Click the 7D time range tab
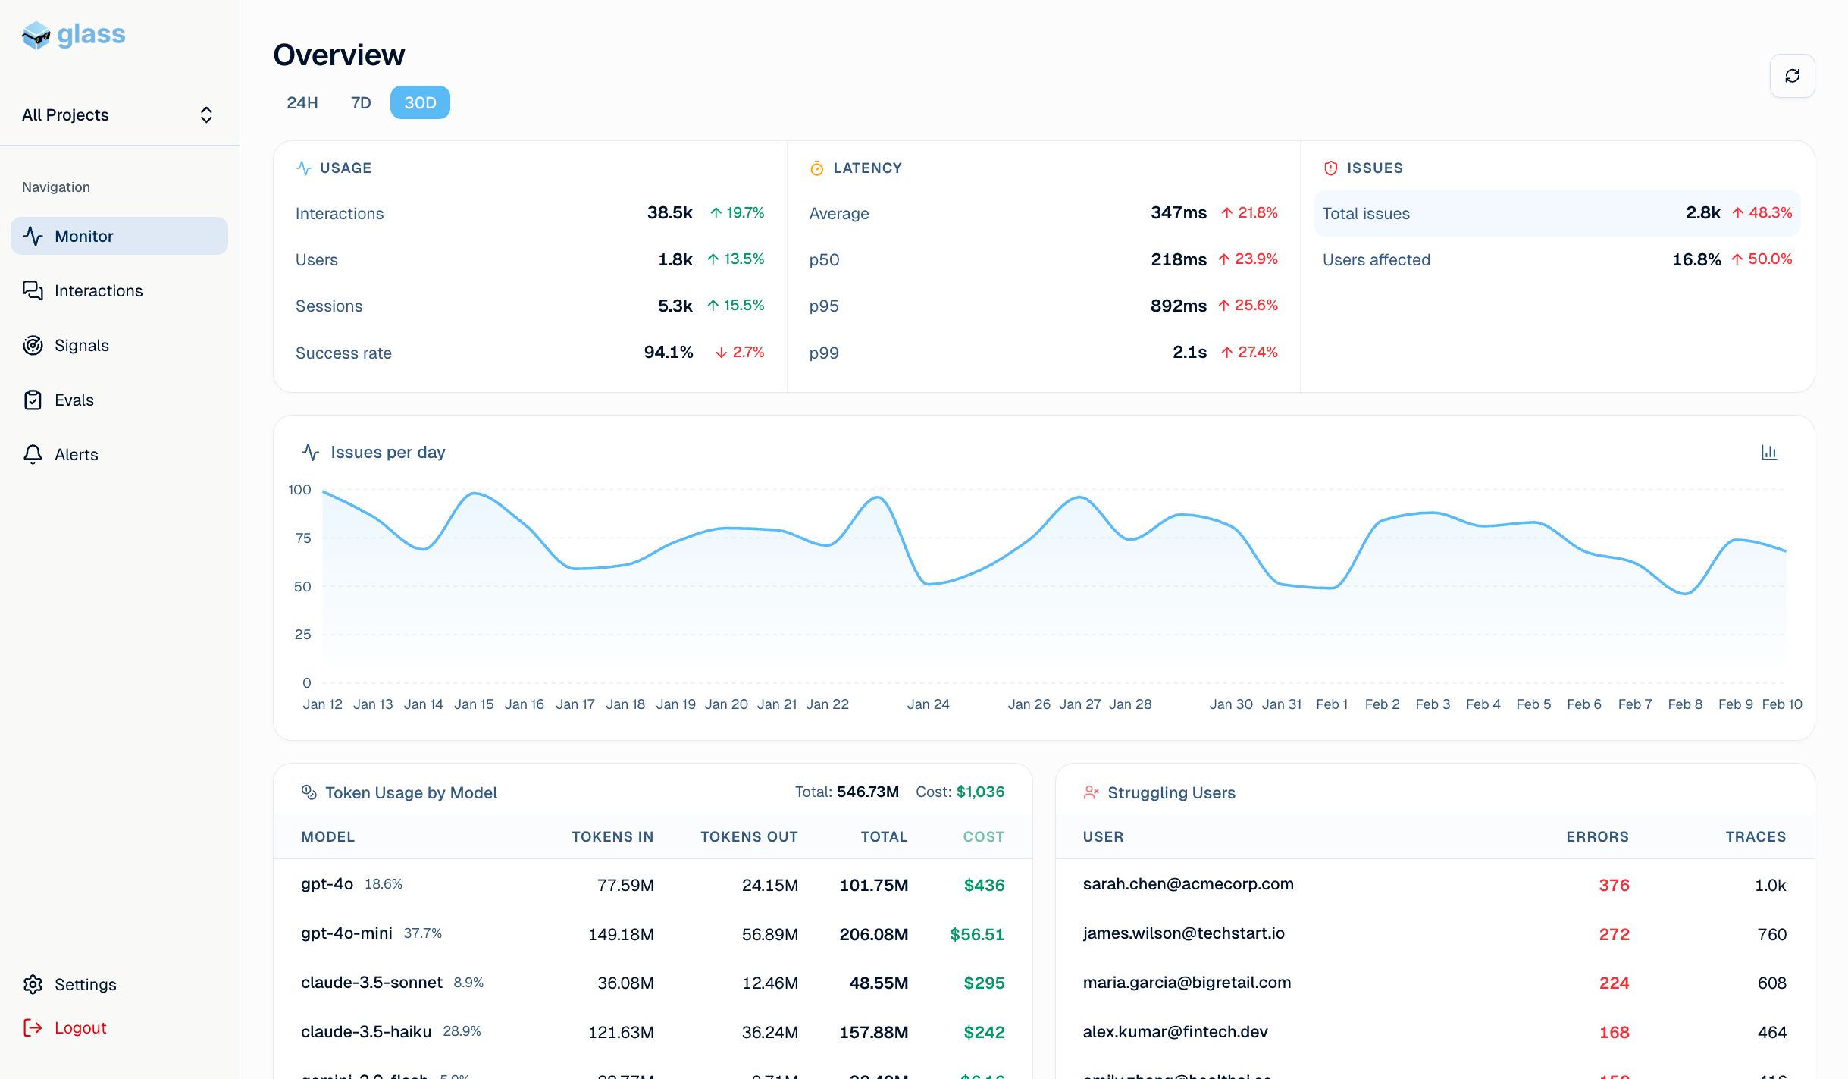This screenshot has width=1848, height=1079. pyautogui.click(x=361, y=103)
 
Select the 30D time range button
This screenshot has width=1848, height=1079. pyautogui.click(x=420, y=103)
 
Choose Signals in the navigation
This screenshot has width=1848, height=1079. pyautogui.click(x=81, y=346)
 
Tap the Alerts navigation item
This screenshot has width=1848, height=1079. pyautogui.click(x=76, y=455)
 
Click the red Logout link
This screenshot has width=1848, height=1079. pyautogui.click(x=80, y=1028)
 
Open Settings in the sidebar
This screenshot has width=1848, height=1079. pyautogui.click(x=85, y=985)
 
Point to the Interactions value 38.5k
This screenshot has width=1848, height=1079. pyautogui.click(x=669, y=213)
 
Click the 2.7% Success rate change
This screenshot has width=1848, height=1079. pyautogui.click(x=741, y=353)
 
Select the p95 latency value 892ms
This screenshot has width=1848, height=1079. pyautogui.click(x=1178, y=306)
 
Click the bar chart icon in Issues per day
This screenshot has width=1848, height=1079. pyautogui.click(x=1768, y=453)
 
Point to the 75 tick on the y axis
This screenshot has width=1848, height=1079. pyautogui.click(x=303, y=538)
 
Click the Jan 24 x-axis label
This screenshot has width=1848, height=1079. pyautogui.click(x=928, y=704)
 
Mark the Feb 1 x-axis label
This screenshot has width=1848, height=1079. pyautogui.click(x=1332, y=704)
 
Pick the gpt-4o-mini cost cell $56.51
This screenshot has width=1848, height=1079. pyautogui.click(x=976, y=935)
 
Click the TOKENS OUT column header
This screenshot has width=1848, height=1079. pyautogui.click(x=748, y=837)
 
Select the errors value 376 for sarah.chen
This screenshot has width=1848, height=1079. pyautogui.click(x=1614, y=886)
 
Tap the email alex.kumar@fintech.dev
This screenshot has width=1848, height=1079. pyautogui.click(x=1175, y=1032)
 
